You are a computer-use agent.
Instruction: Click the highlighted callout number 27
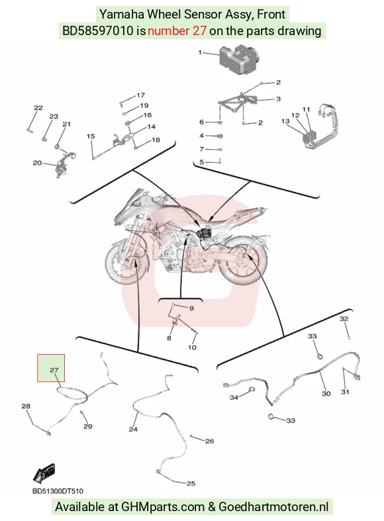coord(54,369)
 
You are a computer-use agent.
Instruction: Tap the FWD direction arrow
coord(44,473)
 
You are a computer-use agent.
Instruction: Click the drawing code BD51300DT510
coord(58,491)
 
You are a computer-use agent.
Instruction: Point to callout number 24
coord(133,429)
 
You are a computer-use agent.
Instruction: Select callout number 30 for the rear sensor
coord(326,393)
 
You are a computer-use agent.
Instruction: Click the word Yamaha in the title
coord(122,15)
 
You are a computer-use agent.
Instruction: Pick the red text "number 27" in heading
coord(177,31)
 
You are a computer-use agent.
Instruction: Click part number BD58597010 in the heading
coord(98,31)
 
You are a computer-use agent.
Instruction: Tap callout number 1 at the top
coord(200,52)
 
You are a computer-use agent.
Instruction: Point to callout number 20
coord(37,163)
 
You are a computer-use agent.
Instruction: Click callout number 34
coord(234,397)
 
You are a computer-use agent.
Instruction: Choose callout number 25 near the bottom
coord(191,483)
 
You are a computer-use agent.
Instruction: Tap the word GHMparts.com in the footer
coord(163,507)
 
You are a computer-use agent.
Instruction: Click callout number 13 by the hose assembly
coord(285,121)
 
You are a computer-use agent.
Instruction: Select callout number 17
coord(141,95)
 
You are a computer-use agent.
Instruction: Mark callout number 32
coord(344,318)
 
